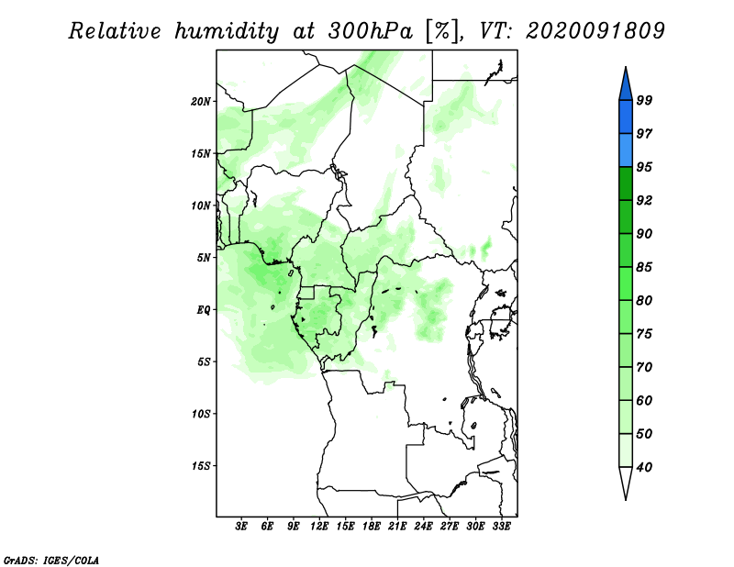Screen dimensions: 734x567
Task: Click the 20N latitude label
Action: coord(201,102)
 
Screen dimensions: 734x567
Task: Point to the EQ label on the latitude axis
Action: coord(204,310)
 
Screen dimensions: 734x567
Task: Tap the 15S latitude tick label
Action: coord(201,466)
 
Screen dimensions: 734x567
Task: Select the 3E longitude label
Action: coord(241,527)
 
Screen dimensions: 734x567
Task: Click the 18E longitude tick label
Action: coord(372,527)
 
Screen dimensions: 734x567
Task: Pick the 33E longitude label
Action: coord(501,527)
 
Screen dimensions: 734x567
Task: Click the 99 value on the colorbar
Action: coord(644,100)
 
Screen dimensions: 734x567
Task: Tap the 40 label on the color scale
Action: coord(644,467)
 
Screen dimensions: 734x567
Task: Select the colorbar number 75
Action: coord(644,334)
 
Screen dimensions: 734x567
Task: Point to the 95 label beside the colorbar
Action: coord(644,167)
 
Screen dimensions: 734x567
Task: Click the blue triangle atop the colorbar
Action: coord(626,84)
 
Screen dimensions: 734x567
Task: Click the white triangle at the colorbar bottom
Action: coord(626,484)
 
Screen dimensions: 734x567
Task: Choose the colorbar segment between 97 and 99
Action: coord(626,117)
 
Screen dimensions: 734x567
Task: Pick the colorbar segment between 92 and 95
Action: coord(626,183)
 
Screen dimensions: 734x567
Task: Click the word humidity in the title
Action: coord(227,31)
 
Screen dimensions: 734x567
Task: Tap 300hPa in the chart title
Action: coord(371,31)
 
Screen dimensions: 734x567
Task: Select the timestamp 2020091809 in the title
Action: coord(595,31)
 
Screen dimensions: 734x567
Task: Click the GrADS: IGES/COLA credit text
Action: coord(51,560)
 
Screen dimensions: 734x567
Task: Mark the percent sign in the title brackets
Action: coord(442,31)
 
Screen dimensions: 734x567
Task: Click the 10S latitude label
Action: coord(201,414)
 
